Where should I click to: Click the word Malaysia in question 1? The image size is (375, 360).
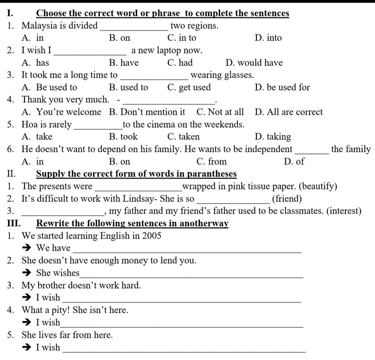[x=38, y=26]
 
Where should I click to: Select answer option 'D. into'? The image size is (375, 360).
[x=268, y=38]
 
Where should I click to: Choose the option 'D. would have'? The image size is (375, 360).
[x=254, y=63]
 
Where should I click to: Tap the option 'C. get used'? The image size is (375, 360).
[x=189, y=87]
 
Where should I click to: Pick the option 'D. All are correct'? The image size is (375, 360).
[x=289, y=112]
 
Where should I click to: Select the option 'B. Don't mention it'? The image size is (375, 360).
[x=147, y=112]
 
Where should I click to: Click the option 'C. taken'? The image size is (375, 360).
[x=183, y=137]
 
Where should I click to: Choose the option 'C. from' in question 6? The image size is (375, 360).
[x=212, y=161]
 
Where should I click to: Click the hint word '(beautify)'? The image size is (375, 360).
[x=318, y=186]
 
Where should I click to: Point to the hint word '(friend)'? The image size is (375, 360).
[x=287, y=199]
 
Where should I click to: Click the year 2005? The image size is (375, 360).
[x=152, y=236]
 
